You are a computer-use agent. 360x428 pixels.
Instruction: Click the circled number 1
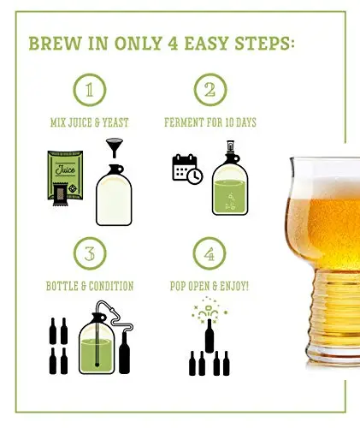(90, 90)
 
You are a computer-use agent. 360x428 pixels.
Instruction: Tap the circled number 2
(210, 90)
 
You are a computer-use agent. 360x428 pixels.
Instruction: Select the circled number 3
(90, 253)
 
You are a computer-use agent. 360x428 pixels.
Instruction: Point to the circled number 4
(210, 253)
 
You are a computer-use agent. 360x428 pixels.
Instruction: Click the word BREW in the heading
(55, 44)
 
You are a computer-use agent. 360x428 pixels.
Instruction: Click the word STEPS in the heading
(264, 44)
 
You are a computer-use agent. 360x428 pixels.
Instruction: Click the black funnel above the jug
(114, 148)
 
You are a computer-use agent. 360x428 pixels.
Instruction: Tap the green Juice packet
(65, 175)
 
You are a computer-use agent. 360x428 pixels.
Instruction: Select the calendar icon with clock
(187, 169)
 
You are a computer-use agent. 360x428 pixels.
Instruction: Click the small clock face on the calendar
(195, 176)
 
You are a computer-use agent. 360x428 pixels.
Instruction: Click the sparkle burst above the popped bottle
(210, 310)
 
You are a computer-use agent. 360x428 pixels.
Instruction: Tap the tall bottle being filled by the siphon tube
(124, 353)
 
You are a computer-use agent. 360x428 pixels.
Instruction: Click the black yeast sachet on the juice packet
(61, 194)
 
